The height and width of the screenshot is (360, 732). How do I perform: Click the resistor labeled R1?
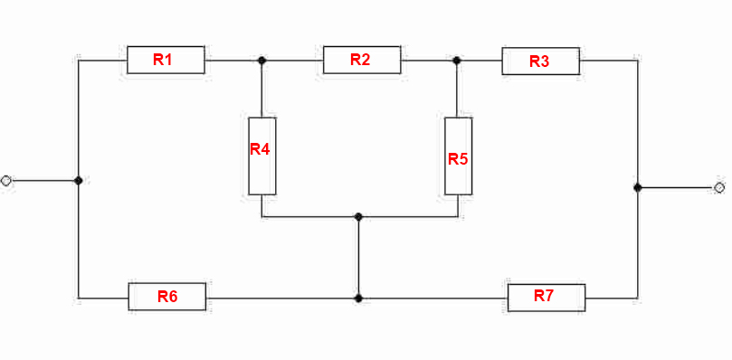[166, 60]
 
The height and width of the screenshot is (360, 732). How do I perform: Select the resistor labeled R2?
[362, 60]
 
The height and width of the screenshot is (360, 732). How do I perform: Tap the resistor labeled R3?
[540, 61]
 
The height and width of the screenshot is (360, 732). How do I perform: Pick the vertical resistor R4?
[261, 156]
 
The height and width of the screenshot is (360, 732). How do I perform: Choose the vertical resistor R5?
[458, 156]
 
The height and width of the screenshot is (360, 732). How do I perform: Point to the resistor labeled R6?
[167, 297]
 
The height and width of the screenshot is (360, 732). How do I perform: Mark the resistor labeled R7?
[547, 298]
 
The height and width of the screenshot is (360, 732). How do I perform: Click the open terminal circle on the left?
[6, 181]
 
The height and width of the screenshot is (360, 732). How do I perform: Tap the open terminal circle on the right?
[719, 188]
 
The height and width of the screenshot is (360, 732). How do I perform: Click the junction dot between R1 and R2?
[261, 61]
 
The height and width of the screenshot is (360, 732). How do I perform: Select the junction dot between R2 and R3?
[457, 61]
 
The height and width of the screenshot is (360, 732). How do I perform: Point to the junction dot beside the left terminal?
[79, 180]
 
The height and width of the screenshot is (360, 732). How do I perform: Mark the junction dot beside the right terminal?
[638, 188]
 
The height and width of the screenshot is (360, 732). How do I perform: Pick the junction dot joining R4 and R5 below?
[358, 217]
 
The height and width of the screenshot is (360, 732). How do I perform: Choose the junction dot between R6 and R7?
[358, 298]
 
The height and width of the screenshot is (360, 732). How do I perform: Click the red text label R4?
[260, 149]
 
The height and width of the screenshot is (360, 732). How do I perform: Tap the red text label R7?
[544, 296]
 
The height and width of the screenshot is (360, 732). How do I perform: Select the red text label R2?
[360, 60]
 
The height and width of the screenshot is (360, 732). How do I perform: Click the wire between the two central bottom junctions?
[358, 257]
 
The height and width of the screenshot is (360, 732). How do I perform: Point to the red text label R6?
[167, 297]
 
